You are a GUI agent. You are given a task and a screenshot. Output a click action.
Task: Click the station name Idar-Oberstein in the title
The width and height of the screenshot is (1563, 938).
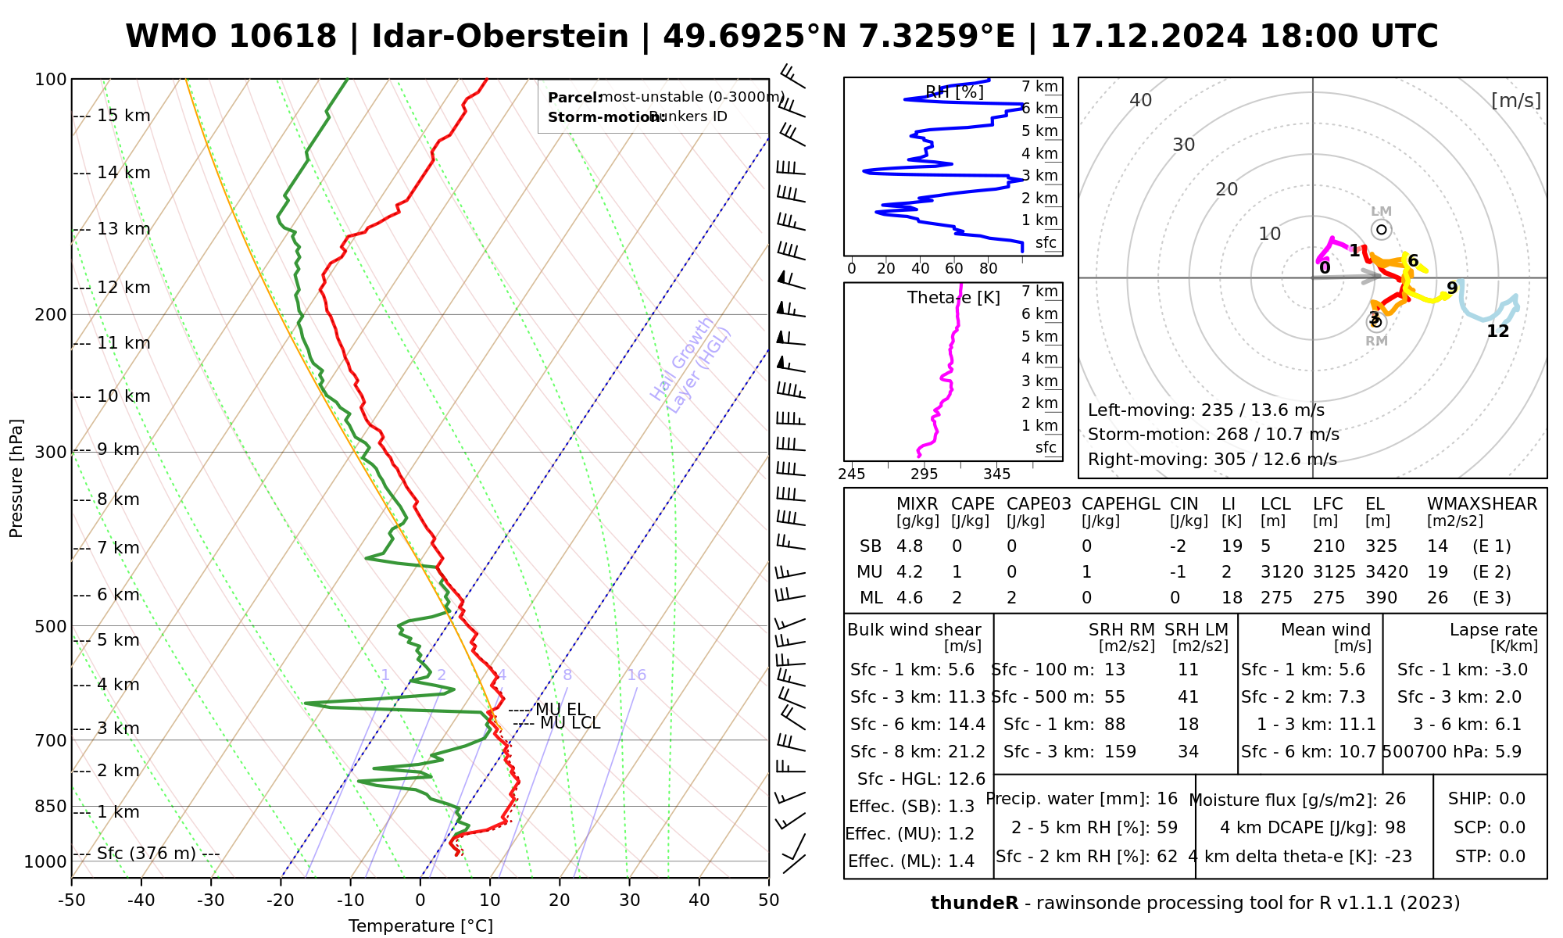click(x=499, y=37)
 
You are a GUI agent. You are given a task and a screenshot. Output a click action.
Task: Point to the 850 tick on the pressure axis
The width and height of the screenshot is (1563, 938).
click(x=52, y=806)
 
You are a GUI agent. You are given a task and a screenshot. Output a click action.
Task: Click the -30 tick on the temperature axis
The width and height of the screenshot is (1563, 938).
click(x=211, y=900)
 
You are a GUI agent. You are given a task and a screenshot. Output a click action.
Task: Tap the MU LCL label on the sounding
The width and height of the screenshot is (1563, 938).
click(x=570, y=723)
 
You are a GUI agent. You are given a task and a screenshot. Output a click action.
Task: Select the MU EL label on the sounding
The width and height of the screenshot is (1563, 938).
click(x=560, y=710)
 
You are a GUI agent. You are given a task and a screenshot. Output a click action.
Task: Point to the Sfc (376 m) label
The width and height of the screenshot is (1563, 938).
click(x=146, y=853)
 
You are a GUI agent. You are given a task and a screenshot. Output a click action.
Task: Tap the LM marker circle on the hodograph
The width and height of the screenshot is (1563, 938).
click(x=1382, y=229)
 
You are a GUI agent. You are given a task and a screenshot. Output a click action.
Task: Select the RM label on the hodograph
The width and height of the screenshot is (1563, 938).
click(x=1376, y=341)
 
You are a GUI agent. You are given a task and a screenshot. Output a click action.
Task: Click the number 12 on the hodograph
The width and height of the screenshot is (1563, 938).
click(x=1497, y=331)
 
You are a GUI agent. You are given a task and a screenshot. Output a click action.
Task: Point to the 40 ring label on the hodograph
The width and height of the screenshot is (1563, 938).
click(x=1141, y=100)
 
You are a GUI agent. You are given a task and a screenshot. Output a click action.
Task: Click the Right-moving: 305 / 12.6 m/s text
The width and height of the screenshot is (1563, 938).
click(x=1212, y=459)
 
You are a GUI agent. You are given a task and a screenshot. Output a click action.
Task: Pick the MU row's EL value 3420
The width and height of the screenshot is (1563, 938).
click(x=1386, y=571)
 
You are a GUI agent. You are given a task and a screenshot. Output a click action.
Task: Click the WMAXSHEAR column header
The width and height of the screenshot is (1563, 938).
click(x=1482, y=504)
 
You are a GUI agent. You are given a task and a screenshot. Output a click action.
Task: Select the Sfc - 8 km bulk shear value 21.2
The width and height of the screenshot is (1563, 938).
click(x=967, y=751)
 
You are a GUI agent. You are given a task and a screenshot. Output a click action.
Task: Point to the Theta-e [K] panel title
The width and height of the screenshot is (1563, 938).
click(x=953, y=298)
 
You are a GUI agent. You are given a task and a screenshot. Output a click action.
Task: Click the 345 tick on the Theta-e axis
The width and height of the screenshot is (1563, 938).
click(x=996, y=474)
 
